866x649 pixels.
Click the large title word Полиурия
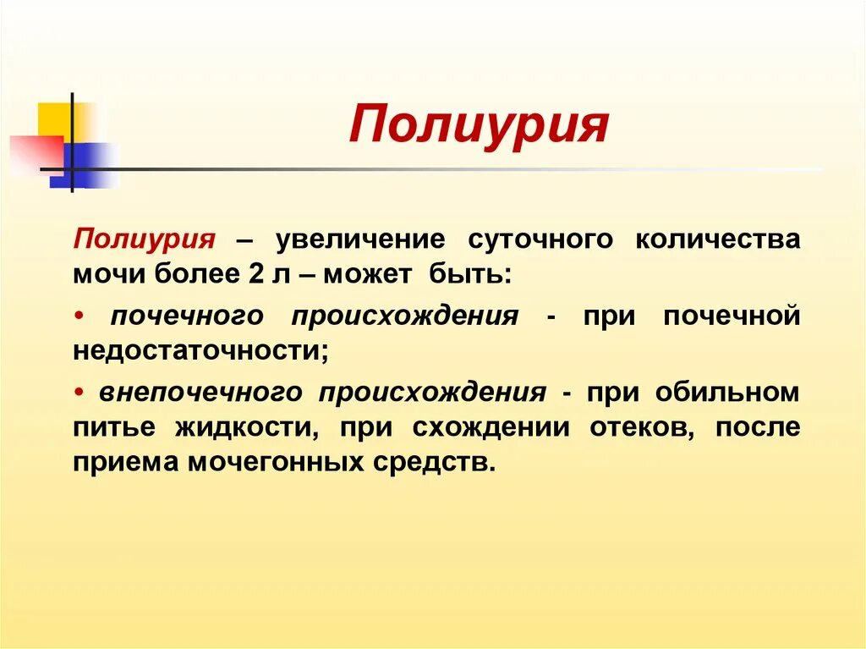point(479,126)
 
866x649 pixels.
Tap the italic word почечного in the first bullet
point(188,316)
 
